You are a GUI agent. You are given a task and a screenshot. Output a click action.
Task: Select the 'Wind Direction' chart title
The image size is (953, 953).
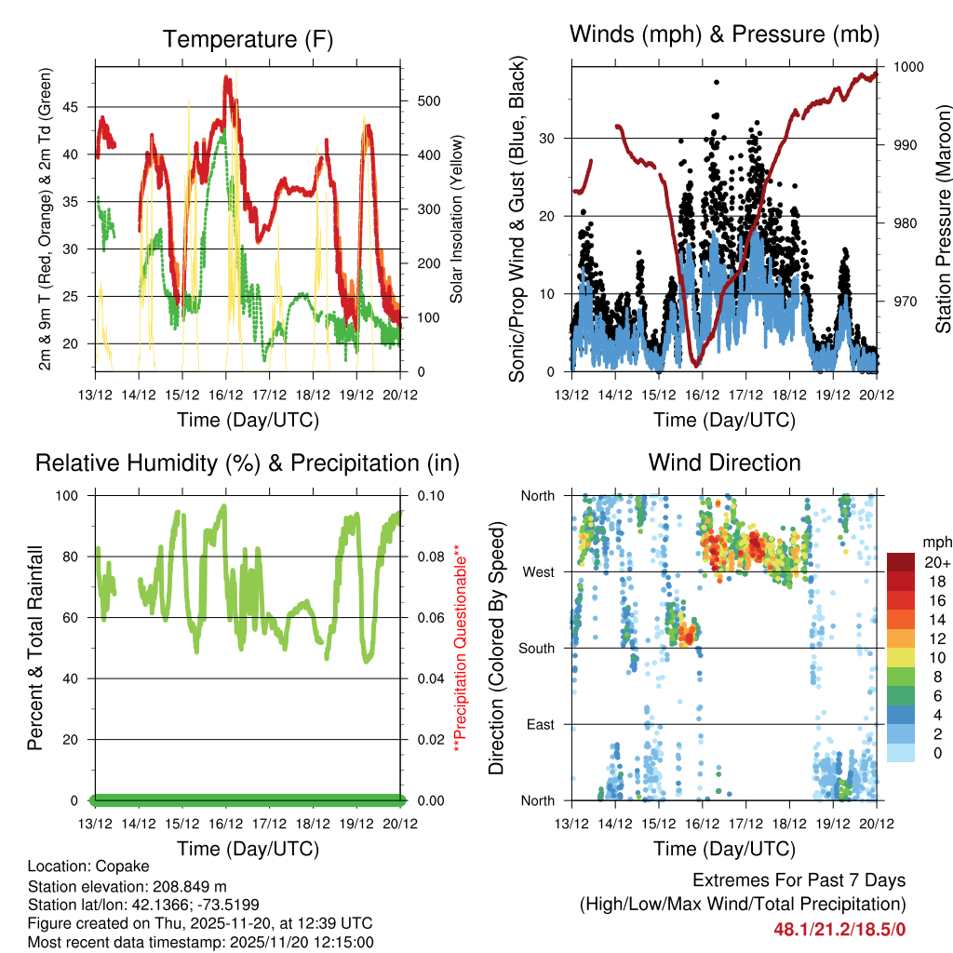pos(724,462)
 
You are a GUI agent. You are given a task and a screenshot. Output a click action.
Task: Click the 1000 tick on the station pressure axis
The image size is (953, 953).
pos(907,67)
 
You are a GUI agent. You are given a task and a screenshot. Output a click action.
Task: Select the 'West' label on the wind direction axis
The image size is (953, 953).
pos(538,571)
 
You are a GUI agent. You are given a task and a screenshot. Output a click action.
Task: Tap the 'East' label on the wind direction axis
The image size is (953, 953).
pos(539,724)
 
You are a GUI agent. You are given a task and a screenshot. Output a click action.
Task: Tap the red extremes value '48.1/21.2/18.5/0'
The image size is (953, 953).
pos(839,929)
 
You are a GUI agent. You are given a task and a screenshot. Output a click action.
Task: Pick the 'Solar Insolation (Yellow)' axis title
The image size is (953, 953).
pos(457,219)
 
